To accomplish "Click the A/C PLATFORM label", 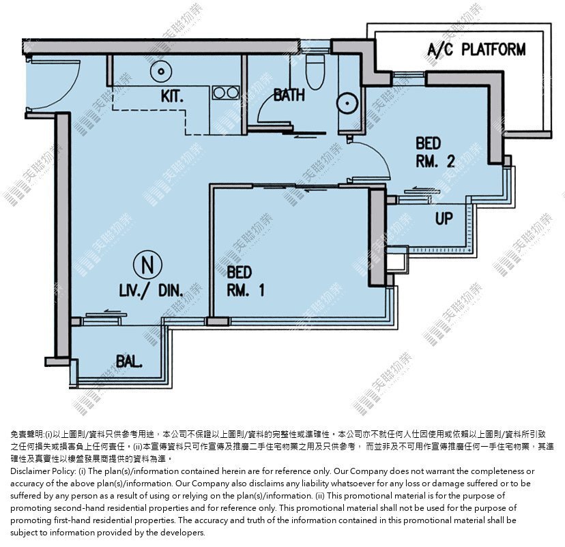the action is (x=476, y=50).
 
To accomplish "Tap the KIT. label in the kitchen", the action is (x=172, y=96).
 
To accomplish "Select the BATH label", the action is (x=289, y=95).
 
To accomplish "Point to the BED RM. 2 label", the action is (x=435, y=152).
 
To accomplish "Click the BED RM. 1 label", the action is (x=246, y=281).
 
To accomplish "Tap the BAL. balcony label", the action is (x=129, y=361).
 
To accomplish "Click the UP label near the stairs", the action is (x=444, y=218).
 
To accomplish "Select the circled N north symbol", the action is (x=148, y=265).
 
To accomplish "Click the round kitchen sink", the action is (x=161, y=72).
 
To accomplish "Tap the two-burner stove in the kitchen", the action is (x=226, y=93).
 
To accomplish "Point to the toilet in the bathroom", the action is (x=315, y=72).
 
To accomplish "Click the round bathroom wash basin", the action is (x=347, y=103).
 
